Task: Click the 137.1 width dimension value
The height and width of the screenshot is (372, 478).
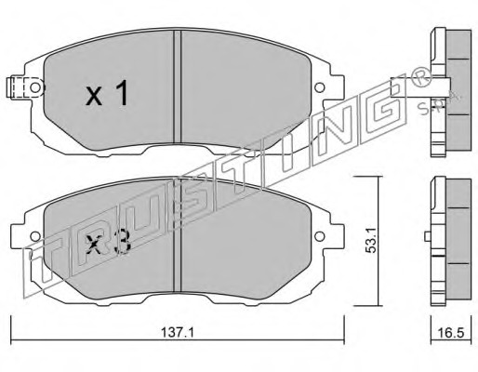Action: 178,333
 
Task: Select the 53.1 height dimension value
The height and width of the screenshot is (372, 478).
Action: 370,239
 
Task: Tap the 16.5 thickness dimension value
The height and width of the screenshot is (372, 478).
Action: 451,333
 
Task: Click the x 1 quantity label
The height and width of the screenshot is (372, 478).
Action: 107,93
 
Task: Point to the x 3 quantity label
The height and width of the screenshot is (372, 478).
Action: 108,242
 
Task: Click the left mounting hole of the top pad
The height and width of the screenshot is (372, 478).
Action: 35,87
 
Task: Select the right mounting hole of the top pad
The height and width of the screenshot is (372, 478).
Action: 319,87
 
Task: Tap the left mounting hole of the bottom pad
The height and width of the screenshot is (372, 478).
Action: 35,237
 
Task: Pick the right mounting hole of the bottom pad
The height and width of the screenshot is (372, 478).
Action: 319,237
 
